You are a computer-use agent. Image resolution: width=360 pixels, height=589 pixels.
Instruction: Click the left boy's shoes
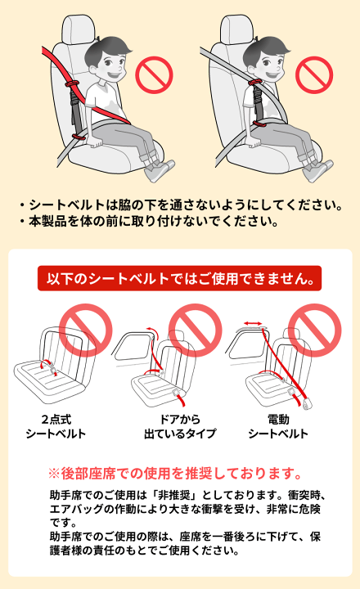pyautogui.click(x=160, y=170)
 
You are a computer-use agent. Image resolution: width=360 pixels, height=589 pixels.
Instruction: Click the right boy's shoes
pyautogui.click(x=318, y=170)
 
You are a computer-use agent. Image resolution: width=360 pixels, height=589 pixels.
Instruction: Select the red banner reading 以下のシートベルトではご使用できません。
pyautogui.click(x=180, y=278)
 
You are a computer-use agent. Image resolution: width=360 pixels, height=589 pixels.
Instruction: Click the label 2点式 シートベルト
pyautogui.click(x=56, y=426)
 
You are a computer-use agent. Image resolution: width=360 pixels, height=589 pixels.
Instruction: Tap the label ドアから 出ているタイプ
pyautogui.click(x=180, y=426)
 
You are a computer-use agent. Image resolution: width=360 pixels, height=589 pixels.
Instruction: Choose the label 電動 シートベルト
pyautogui.click(x=278, y=426)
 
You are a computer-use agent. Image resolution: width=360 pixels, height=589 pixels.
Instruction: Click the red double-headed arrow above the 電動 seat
pyautogui.click(x=253, y=323)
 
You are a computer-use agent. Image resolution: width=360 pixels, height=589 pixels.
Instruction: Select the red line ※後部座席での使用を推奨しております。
pyautogui.click(x=175, y=474)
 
